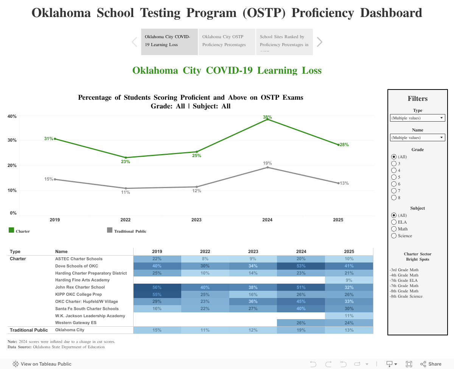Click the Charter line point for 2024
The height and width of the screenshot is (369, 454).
(267, 119)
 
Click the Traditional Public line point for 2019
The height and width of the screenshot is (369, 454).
(55, 179)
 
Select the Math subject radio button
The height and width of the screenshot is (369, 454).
(394, 229)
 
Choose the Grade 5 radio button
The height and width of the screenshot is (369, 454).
(394, 177)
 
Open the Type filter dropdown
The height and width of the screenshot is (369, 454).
(417, 118)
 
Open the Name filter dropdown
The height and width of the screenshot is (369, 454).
(417, 137)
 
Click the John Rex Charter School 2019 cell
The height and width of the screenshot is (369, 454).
(157, 287)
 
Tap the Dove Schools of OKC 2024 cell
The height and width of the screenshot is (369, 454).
(301, 266)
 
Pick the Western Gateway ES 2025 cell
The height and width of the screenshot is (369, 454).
(349, 323)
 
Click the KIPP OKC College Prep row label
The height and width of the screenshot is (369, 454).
(78, 294)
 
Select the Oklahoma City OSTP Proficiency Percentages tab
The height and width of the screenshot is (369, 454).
(227, 41)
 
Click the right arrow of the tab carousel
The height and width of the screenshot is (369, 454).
(320, 42)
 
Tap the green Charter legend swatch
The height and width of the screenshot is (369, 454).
(11, 230)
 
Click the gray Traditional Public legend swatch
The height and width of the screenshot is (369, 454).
(110, 230)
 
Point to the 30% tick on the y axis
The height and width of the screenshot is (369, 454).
(12, 140)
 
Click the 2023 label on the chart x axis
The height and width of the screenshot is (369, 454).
(196, 220)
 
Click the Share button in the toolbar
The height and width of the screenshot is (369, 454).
(431, 364)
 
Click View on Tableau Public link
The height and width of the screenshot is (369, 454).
(42, 364)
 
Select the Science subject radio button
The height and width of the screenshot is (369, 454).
(394, 236)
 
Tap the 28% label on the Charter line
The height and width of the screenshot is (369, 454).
(344, 145)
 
